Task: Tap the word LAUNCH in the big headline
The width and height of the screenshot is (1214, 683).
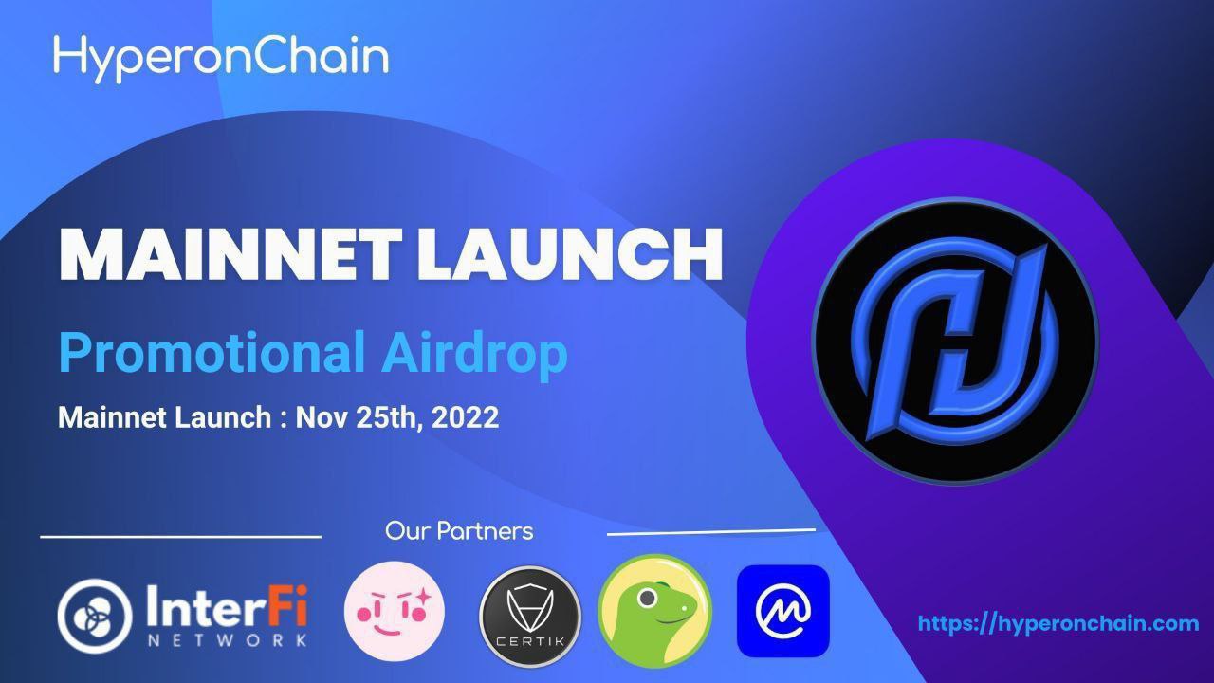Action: (570, 254)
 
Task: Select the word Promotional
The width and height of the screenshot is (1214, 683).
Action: (212, 353)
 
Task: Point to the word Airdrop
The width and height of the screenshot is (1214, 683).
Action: (475, 353)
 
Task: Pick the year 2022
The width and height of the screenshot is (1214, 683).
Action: (465, 417)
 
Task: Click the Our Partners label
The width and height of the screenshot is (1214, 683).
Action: (459, 531)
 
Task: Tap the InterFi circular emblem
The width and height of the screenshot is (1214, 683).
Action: (95, 616)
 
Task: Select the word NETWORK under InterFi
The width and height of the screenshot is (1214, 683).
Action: (228, 640)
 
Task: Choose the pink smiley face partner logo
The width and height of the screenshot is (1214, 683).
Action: (394, 611)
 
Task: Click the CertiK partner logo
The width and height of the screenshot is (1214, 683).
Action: (530, 617)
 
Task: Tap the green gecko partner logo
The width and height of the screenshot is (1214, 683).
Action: (654, 611)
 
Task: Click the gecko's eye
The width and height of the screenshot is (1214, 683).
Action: (647, 599)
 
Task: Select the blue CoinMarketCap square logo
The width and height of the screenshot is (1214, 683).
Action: (783, 611)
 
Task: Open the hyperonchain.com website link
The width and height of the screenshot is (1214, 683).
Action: (1058, 623)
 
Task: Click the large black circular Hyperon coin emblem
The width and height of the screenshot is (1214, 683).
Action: (955, 341)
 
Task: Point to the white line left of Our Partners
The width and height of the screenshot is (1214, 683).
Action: (180, 537)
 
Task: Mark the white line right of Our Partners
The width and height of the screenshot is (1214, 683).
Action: (711, 532)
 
